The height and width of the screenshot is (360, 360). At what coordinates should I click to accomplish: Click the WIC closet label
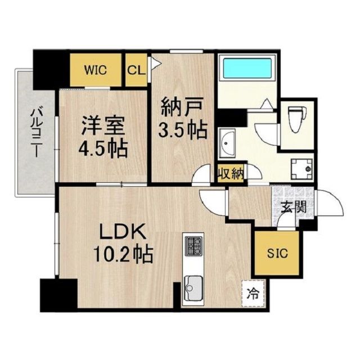[x=96, y=70]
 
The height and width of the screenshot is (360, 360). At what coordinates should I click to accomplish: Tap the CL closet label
[x=136, y=70]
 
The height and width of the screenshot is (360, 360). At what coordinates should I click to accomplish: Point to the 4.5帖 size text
[x=103, y=148]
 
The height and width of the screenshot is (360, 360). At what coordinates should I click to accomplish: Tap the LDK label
[x=123, y=231]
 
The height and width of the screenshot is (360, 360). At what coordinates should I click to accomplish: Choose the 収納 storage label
[x=231, y=174]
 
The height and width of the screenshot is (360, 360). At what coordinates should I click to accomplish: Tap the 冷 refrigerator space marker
[x=254, y=293]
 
